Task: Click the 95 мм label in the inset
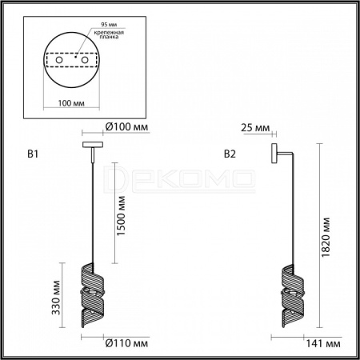[109, 24]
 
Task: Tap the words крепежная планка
[109, 34]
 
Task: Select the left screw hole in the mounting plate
[59, 60]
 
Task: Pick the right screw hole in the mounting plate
[85, 60]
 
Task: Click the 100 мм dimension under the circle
[71, 103]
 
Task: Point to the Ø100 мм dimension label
[126, 127]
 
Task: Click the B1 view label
[33, 154]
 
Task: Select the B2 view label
[230, 154]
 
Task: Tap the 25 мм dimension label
[255, 128]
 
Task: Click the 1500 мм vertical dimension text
[121, 216]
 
